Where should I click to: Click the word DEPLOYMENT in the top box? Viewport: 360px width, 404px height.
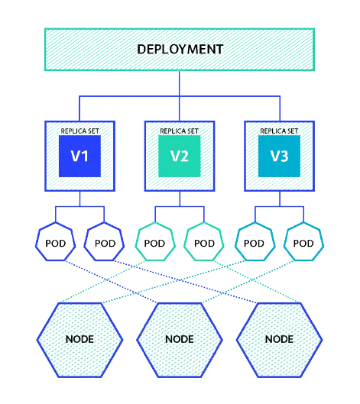pos(180,50)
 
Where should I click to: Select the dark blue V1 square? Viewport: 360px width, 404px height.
pos(80,157)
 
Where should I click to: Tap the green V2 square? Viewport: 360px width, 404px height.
pos(180,157)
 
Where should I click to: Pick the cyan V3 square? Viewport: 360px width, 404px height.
pos(279,157)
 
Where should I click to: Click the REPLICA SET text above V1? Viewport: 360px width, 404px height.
pos(80,131)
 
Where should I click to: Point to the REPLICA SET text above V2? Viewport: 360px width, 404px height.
pos(180,131)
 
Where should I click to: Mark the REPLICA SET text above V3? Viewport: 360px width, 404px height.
pos(279,131)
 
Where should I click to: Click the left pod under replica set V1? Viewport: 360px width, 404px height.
pos(54,243)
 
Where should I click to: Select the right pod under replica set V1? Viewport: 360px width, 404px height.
pos(104,243)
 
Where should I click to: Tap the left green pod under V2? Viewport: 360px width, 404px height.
pos(154,243)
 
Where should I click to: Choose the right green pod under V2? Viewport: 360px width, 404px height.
pos(204,243)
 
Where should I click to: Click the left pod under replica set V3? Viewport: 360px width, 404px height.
pos(254,243)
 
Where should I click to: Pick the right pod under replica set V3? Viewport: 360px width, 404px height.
pos(303,243)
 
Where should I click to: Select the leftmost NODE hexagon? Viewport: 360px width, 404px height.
pos(80,338)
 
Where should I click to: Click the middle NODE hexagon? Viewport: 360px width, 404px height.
pos(180,338)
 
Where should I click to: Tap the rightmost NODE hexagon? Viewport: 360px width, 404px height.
pos(279,338)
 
